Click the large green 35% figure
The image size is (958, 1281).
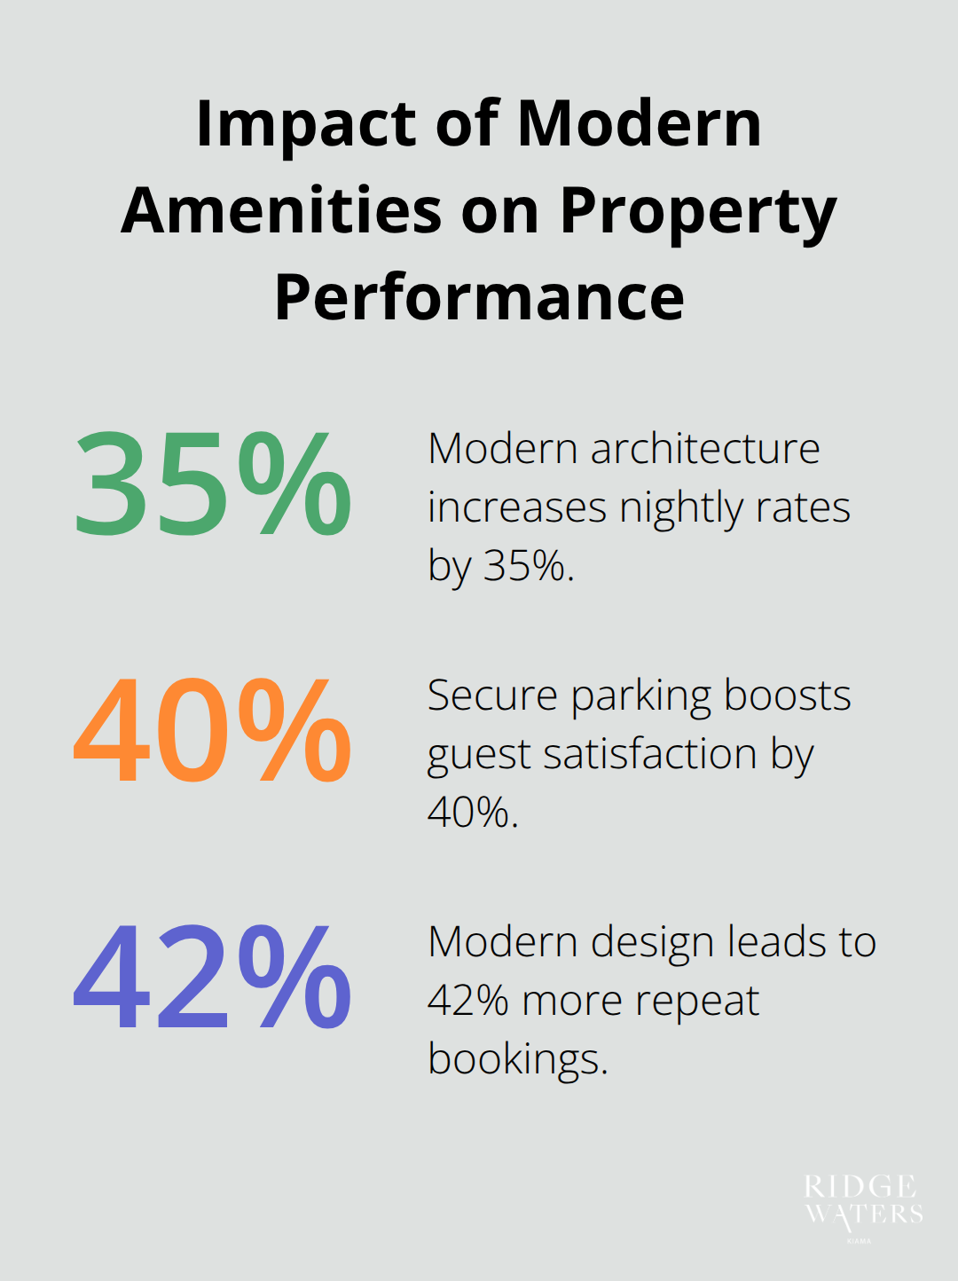click(213, 483)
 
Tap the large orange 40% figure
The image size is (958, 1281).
click(213, 730)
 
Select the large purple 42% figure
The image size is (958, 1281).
click(213, 977)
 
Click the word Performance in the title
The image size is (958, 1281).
click(479, 297)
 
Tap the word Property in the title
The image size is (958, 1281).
click(698, 213)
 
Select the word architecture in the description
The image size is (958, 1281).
click(705, 449)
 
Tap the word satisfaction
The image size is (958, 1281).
click(649, 754)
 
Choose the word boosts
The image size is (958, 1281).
click(788, 696)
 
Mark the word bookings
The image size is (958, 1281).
click(517, 1060)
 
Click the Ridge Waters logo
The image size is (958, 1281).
click(863, 1202)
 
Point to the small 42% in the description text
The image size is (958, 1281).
click(467, 1001)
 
